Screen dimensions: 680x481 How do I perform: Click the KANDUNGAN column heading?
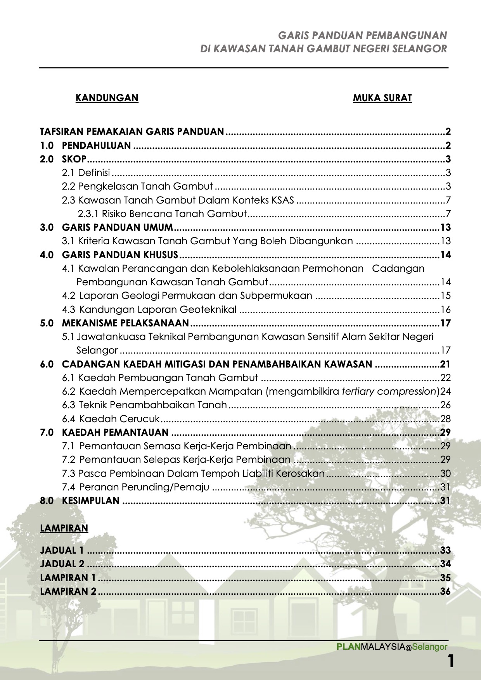pyautogui.click(x=107, y=98)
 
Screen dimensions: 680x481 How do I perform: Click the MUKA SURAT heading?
pyautogui.click(x=382, y=98)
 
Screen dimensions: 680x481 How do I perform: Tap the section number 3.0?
pyautogui.click(x=47, y=228)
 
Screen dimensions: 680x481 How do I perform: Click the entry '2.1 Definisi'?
pyautogui.click(x=86, y=173)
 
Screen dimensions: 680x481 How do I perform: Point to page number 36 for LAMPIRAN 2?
pyautogui.click(x=445, y=592)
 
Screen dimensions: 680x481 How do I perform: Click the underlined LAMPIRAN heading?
pyautogui.click(x=64, y=528)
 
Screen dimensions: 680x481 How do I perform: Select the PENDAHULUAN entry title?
pyautogui.click(x=97, y=146)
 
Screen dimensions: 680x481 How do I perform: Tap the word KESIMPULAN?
pyautogui.click(x=91, y=501)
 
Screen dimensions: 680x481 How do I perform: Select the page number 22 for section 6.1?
pyautogui.click(x=445, y=378)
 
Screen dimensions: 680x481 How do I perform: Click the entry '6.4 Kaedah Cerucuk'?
pyautogui.click(x=111, y=419)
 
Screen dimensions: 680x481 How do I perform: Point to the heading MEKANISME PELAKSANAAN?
pyautogui.click(x=125, y=323)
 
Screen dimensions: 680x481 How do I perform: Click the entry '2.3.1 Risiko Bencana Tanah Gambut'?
pyautogui.click(x=162, y=214)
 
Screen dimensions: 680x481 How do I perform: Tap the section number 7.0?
pyautogui.click(x=47, y=432)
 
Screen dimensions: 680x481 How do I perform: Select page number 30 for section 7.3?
pyautogui.click(x=445, y=473)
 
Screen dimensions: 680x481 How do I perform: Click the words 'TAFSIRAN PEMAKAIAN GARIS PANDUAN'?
pyautogui.click(x=132, y=132)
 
